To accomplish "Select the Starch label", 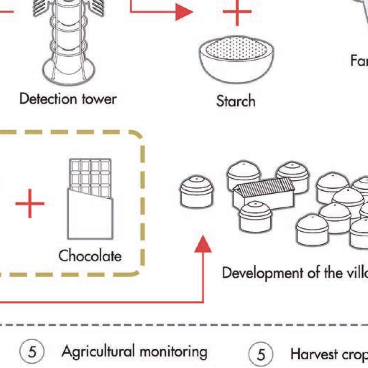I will (x=236, y=101).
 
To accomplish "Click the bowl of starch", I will (x=236, y=61).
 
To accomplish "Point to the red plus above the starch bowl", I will (x=237, y=12).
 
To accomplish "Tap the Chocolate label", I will (x=90, y=256).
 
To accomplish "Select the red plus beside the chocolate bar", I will (x=30, y=204).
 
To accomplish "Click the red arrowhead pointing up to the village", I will (x=203, y=244).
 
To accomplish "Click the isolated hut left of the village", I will (x=197, y=192).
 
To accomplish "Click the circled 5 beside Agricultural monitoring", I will (x=32, y=352).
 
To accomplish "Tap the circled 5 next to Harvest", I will (x=261, y=354).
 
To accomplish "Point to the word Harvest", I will (x=314, y=354).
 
